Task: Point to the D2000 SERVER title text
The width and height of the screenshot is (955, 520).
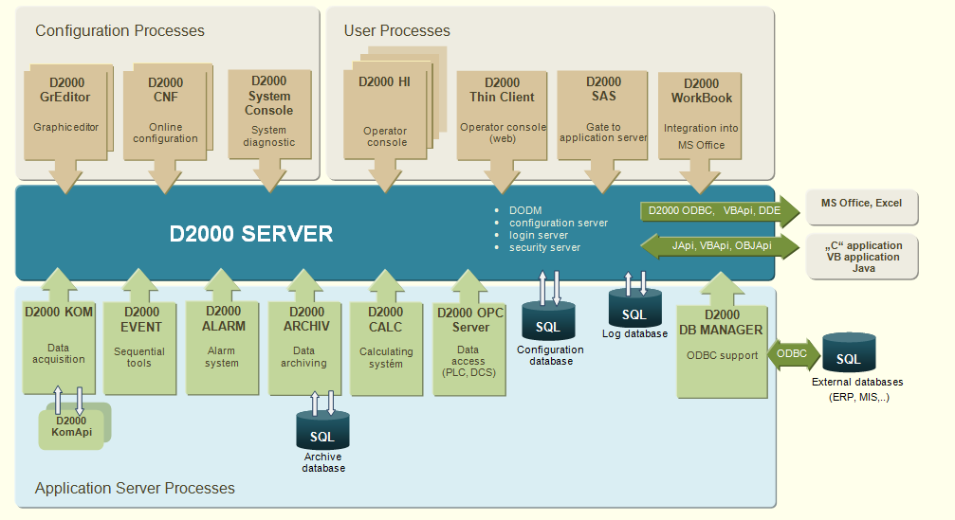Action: (x=251, y=234)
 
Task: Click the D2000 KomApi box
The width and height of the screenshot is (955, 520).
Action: (x=71, y=426)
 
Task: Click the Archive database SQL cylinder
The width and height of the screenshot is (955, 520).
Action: (x=322, y=435)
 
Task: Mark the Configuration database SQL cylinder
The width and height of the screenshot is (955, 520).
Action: (x=548, y=322)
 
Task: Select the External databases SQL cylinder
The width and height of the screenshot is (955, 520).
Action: (x=849, y=354)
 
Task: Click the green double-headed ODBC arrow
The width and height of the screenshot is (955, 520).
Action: (x=792, y=353)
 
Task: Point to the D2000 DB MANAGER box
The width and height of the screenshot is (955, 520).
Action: (x=722, y=350)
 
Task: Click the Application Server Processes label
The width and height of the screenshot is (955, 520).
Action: (x=135, y=489)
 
